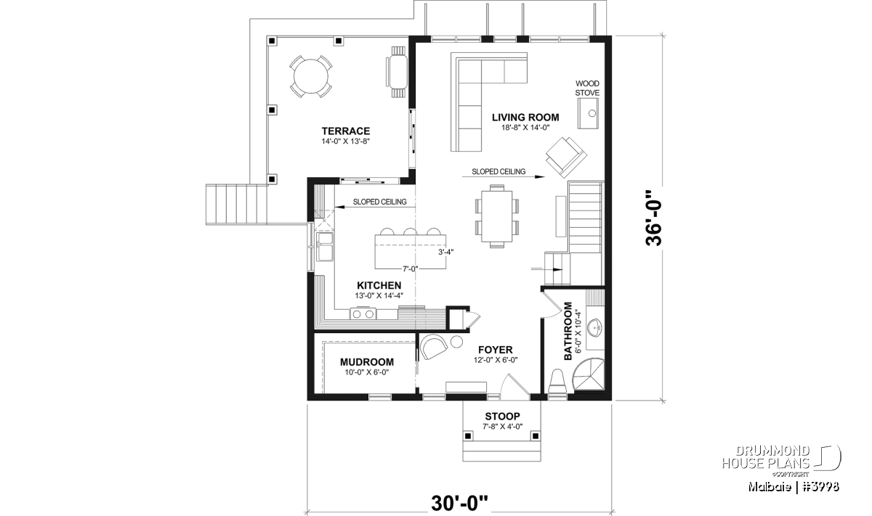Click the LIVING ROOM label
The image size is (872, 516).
click(525, 118)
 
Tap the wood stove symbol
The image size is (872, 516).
click(588, 113)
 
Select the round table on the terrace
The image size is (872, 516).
click(311, 76)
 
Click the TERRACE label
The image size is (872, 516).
click(346, 131)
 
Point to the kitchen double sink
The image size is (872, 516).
click(325, 247)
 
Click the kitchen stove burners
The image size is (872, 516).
click(363, 314)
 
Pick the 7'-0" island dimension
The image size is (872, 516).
click(410, 269)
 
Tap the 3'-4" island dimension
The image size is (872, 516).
click(445, 252)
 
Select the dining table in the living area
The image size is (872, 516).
click(497, 216)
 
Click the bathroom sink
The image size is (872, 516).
click(594, 328)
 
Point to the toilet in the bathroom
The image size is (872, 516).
click(557, 382)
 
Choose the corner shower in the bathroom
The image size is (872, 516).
click(588, 374)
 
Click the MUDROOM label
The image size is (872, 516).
click(367, 362)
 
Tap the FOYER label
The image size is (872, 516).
click(495, 350)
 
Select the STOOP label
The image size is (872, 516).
click(502, 417)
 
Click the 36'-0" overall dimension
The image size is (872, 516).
click(653, 218)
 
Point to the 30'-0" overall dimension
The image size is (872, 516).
click(459, 503)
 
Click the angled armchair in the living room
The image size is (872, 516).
click(566, 157)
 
